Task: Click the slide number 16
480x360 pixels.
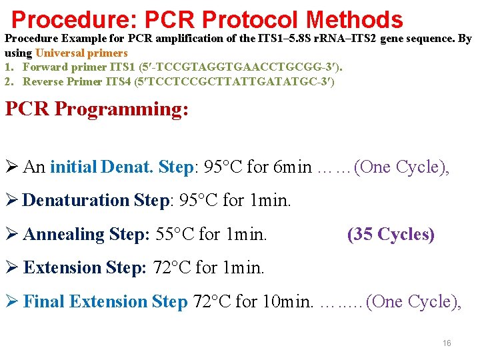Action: coord(447,343)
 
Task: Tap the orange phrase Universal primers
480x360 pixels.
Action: coord(81,53)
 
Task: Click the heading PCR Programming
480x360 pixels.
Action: coord(97,109)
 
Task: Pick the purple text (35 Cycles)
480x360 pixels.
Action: coord(391,234)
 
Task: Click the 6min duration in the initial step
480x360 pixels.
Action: coord(293,167)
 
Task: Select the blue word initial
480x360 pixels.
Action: coord(73,167)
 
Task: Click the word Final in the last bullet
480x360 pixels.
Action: coord(44,301)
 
